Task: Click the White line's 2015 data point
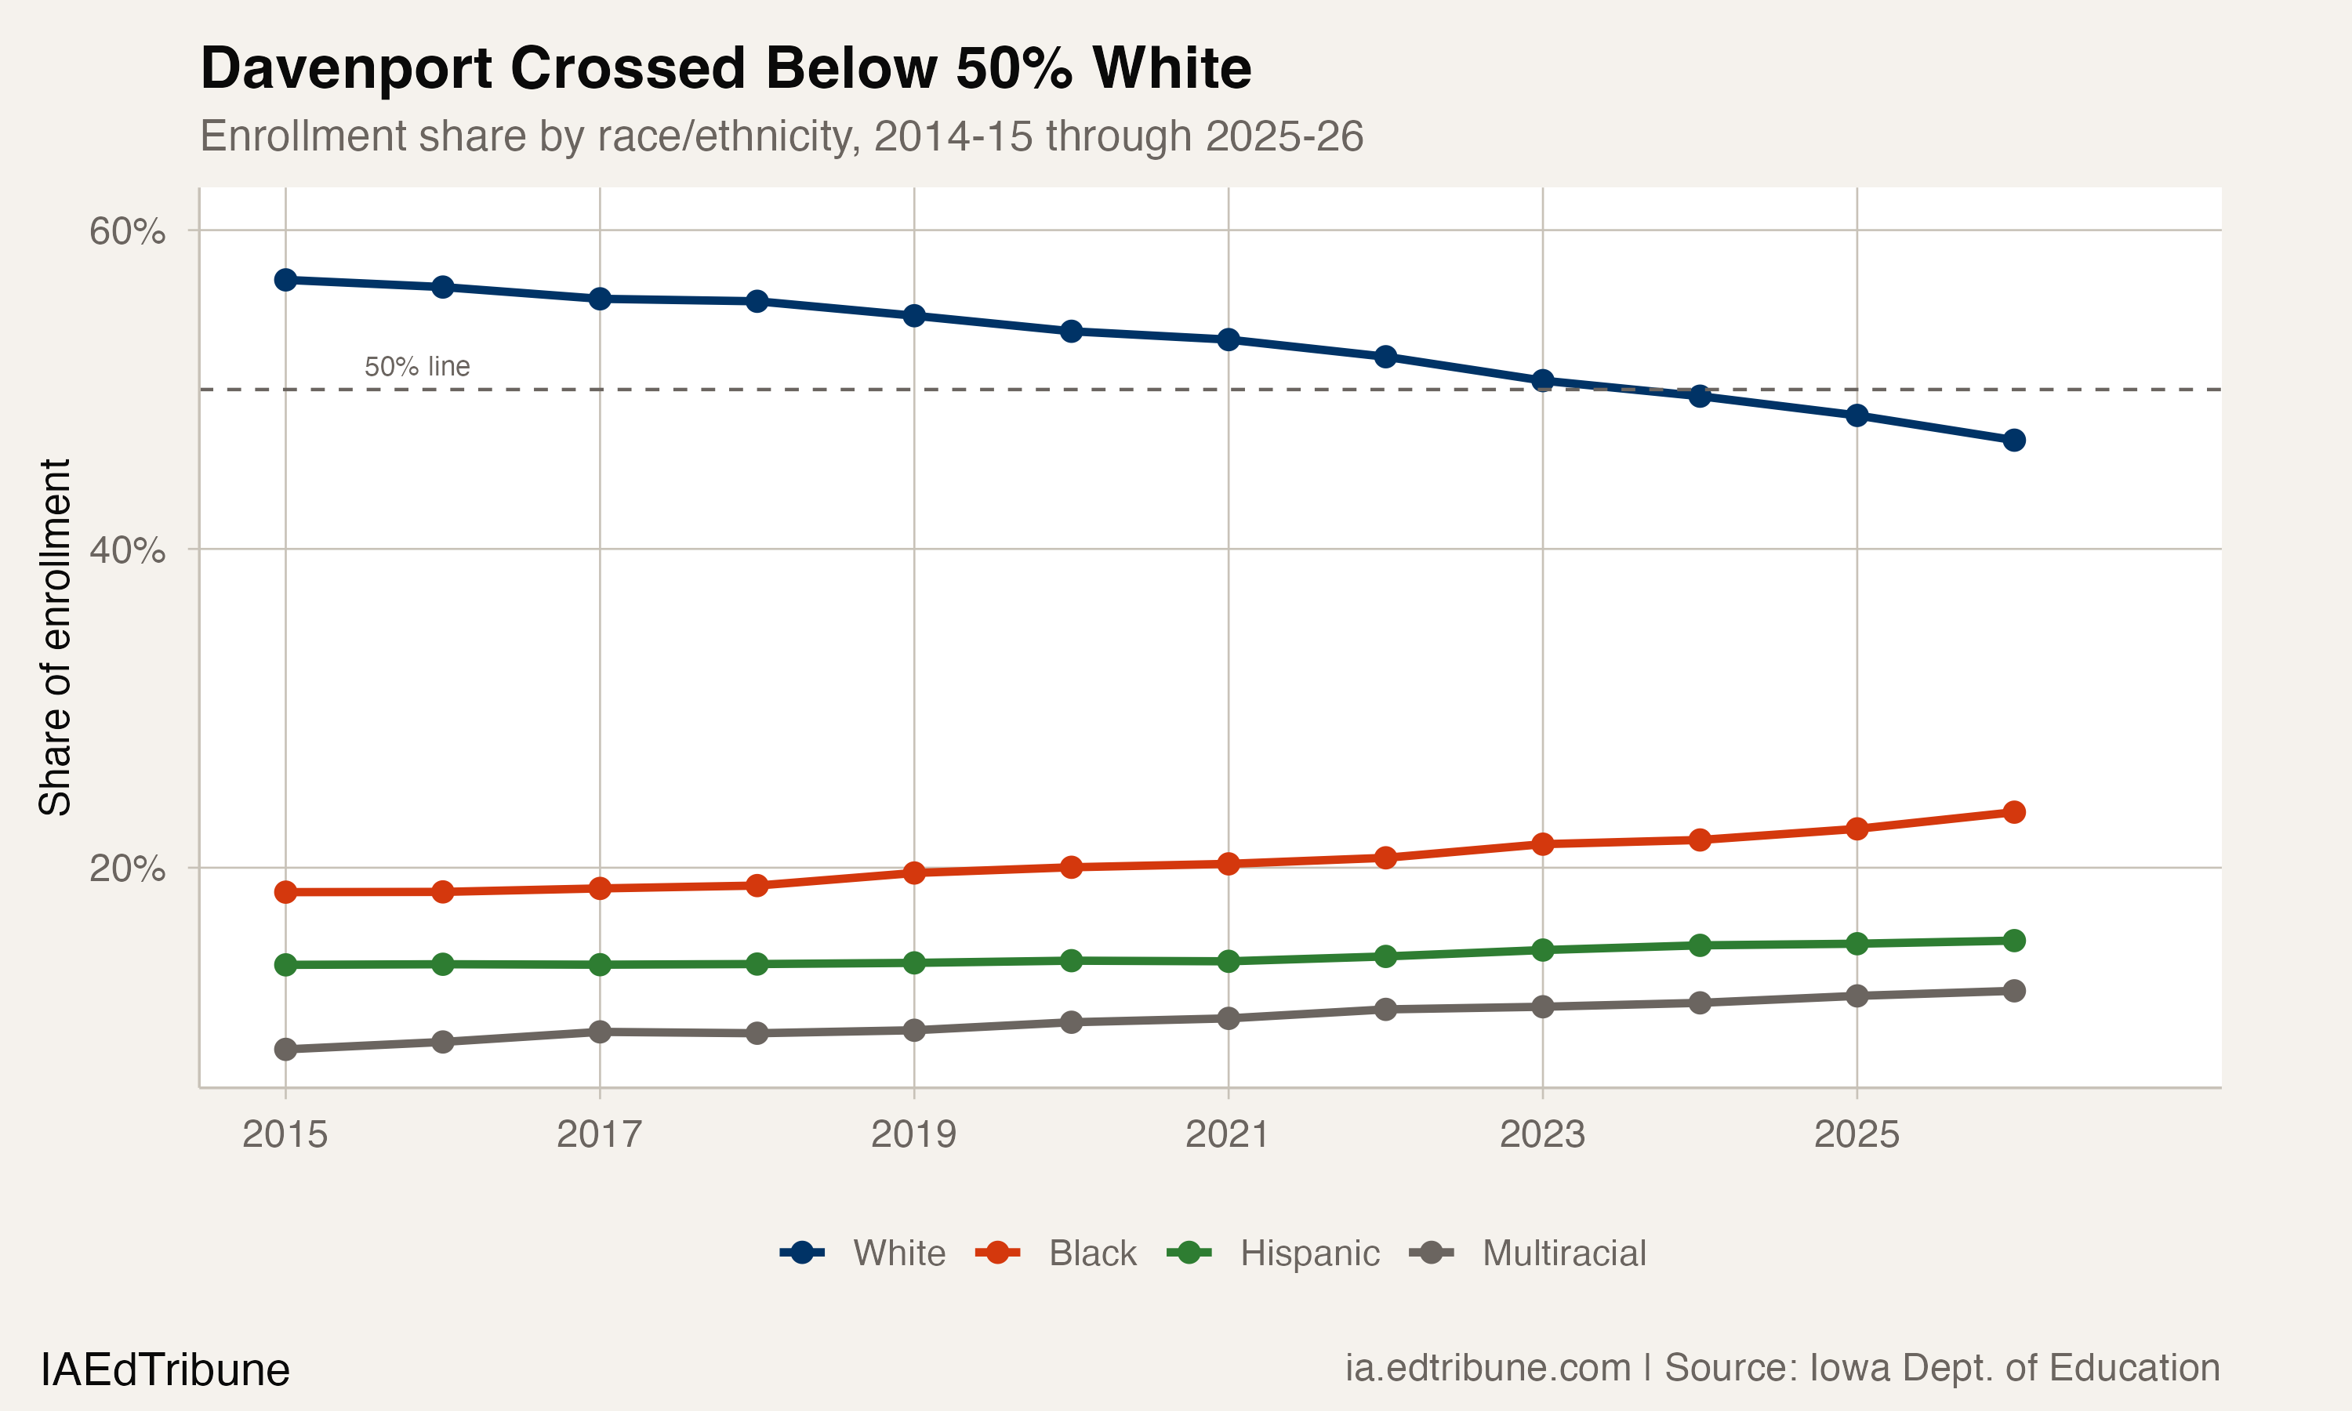pyautogui.click(x=285, y=280)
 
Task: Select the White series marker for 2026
pyautogui.click(x=2013, y=441)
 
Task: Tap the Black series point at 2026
pyautogui.click(x=2013, y=812)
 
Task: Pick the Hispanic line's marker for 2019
pyautogui.click(x=913, y=963)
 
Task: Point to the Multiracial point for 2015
pyautogui.click(x=285, y=1050)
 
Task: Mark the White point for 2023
pyautogui.click(x=1542, y=380)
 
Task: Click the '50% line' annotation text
pyautogui.click(x=416, y=366)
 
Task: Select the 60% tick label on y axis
pyautogui.click(x=127, y=231)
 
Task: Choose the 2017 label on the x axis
pyautogui.click(x=599, y=1134)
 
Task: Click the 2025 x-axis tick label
pyautogui.click(x=1856, y=1134)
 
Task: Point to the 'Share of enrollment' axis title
pyautogui.click(x=55, y=637)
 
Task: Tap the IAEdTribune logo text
pyautogui.click(x=165, y=1370)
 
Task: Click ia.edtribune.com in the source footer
pyautogui.click(x=1487, y=1368)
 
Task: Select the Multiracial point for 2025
pyautogui.click(x=1856, y=996)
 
